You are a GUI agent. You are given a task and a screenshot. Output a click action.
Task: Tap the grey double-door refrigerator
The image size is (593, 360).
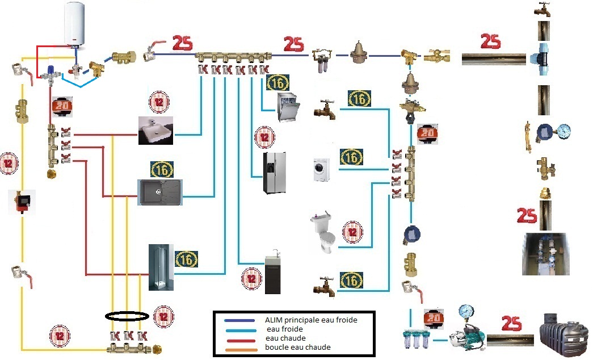[x=274, y=172]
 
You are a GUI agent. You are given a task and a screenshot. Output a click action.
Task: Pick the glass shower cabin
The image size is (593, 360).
[x=159, y=267]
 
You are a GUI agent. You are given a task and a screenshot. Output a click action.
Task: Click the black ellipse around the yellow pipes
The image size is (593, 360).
[x=127, y=316]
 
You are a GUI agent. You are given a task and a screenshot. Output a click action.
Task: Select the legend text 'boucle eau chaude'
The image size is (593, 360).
[x=298, y=347]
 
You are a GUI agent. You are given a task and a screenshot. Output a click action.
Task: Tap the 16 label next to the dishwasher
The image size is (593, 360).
[x=277, y=83]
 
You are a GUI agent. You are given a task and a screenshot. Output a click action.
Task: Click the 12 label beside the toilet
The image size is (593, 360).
[x=352, y=231]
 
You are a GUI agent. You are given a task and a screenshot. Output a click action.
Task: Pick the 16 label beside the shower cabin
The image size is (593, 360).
[x=187, y=259]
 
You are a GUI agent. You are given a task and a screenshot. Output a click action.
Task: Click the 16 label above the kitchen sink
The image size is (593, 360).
[x=162, y=169]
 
